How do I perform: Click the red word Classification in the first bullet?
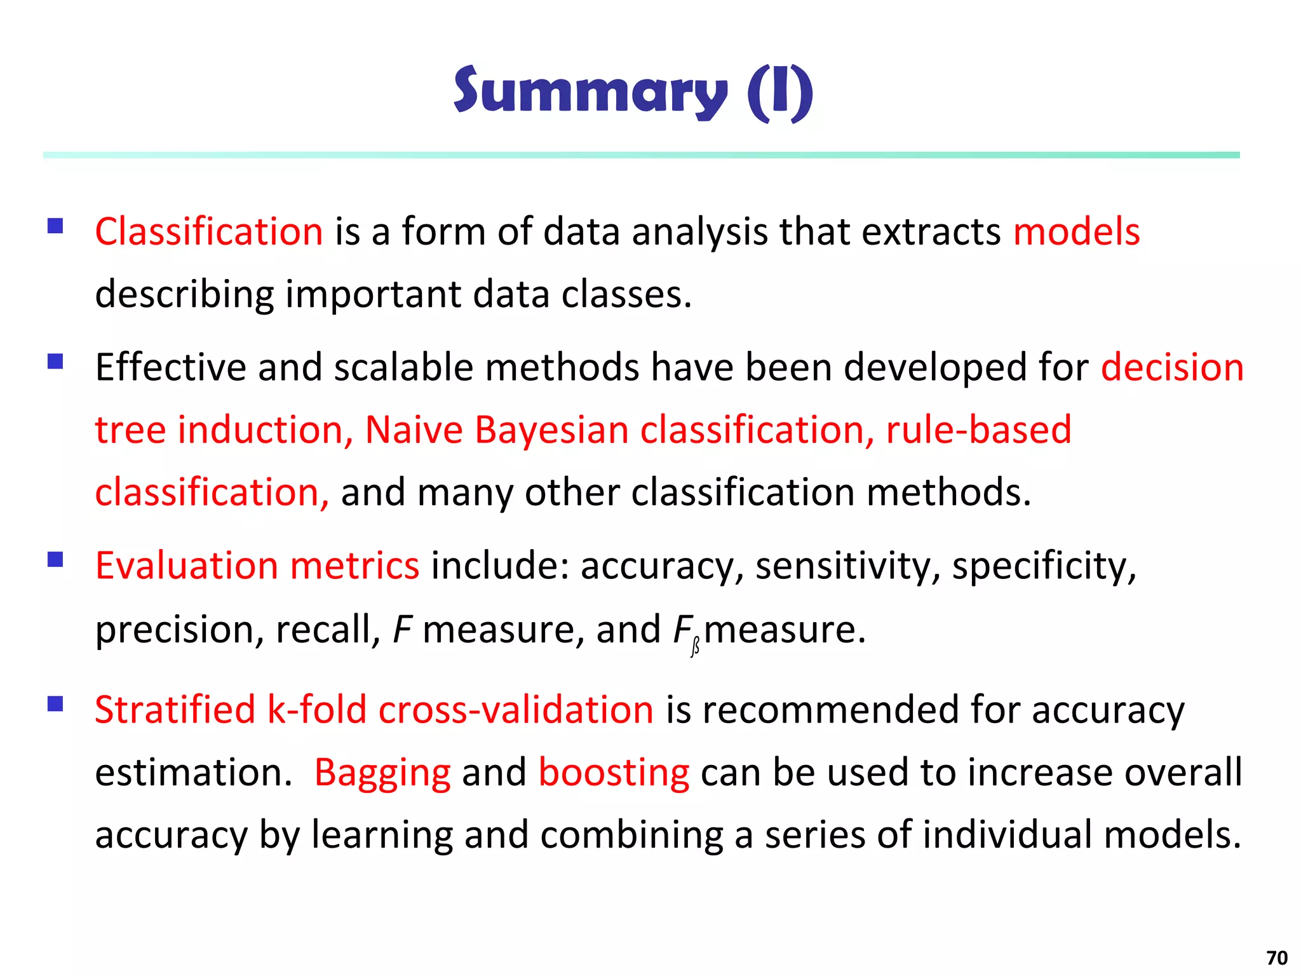[x=209, y=231]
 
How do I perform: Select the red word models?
[x=1076, y=231]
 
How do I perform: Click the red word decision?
[x=1172, y=367]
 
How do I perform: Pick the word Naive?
[x=414, y=430]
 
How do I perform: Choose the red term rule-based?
[x=978, y=430]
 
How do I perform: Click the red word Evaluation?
[x=186, y=566]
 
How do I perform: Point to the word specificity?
[x=1044, y=566]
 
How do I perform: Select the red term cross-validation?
[x=516, y=709]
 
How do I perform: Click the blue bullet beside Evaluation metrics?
[x=55, y=559]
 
